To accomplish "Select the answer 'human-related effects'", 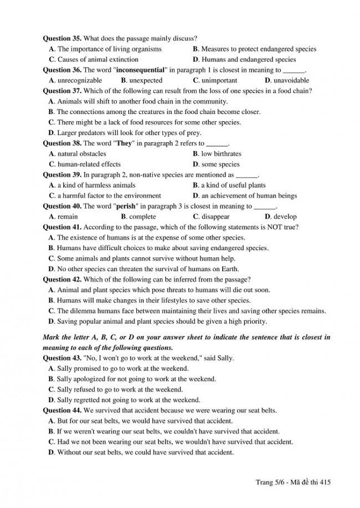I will pyautogui.click(x=89, y=164).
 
